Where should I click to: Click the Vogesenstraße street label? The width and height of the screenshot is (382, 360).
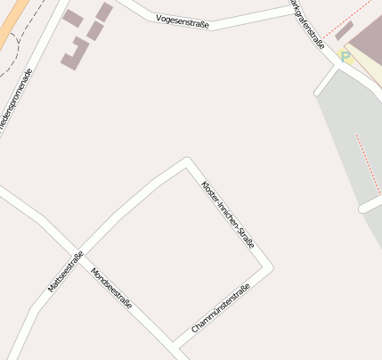click(x=182, y=20)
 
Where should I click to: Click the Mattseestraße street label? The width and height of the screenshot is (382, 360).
click(x=65, y=272)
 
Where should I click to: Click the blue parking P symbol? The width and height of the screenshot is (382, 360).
click(x=345, y=56)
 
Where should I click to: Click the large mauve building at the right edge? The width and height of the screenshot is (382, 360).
click(x=369, y=45)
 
